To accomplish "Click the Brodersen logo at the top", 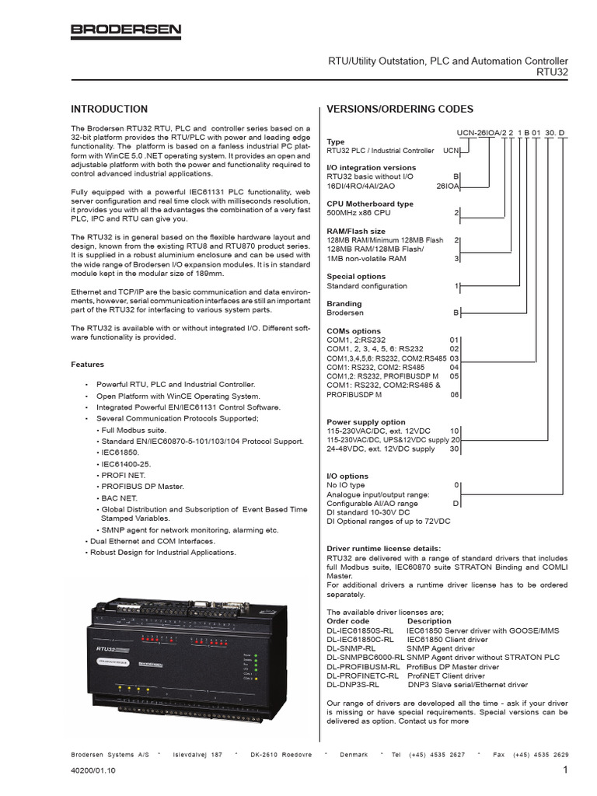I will pyautogui.click(x=126, y=31).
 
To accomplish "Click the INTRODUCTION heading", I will pyautogui.click(x=109, y=109).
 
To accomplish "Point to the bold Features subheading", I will pyautogui.click(x=87, y=364).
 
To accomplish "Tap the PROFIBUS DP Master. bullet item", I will pyautogui.click(x=140, y=487).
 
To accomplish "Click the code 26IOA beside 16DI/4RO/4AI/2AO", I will pyautogui.click(x=449, y=186).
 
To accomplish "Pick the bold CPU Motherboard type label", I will pyautogui.click(x=370, y=204).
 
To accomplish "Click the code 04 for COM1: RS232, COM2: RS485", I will pyautogui.click(x=455, y=367).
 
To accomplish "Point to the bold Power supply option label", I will pyautogui.click(x=366, y=422).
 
